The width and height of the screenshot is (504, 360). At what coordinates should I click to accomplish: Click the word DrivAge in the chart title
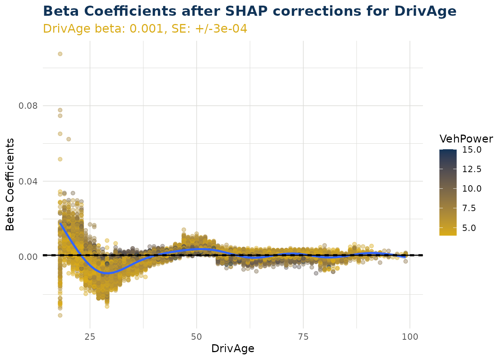click(x=425, y=11)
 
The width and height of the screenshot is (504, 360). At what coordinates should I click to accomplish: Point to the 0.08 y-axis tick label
click(x=28, y=105)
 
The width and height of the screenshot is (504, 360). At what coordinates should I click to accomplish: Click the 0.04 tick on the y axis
click(x=28, y=181)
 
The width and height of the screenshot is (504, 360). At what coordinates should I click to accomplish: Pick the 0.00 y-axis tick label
click(x=28, y=256)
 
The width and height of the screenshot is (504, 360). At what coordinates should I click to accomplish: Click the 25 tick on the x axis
click(x=90, y=336)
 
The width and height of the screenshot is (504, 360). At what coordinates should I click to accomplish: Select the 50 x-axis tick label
click(x=196, y=336)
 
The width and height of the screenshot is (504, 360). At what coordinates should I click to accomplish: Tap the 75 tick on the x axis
click(x=303, y=336)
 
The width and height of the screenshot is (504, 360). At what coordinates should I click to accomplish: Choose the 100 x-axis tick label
click(x=410, y=336)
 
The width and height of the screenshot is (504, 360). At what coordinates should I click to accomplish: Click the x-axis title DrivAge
click(x=233, y=349)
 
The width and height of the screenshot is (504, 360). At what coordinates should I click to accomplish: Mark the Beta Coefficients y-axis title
click(x=10, y=184)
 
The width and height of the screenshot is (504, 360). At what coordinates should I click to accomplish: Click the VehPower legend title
click(x=466, y=139)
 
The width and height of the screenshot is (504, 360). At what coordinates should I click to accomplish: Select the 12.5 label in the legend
click(x=472, y=169)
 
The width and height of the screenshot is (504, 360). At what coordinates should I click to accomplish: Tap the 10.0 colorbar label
click(x=472, y=189)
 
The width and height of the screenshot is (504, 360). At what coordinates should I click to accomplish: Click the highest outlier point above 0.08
click(x=60, y=54)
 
